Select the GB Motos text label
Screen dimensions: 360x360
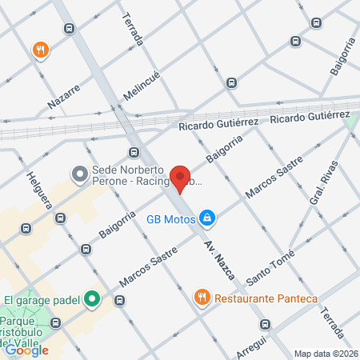pos(170,217)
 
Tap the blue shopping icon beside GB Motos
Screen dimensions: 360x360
pos(206,217)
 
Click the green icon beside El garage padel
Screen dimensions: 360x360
pos(92,301)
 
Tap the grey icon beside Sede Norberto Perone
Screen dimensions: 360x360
pos(79,173)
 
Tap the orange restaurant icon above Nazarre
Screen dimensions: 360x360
pos(40,50)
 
